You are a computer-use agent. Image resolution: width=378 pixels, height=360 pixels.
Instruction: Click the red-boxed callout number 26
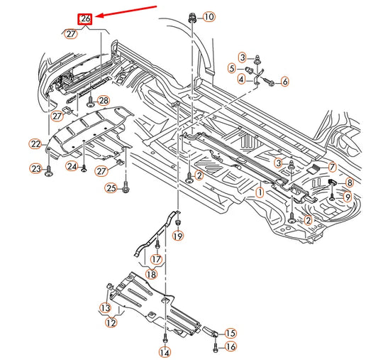[x=86, y=19]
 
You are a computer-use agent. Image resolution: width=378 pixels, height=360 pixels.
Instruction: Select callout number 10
[x=208, y=16]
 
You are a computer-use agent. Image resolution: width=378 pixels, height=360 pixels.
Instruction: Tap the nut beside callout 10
[x=191, y=17]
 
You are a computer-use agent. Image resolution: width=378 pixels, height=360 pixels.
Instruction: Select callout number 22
[x=35, y=144]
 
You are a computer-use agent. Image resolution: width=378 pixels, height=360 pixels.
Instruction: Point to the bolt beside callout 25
[x=126, y=189]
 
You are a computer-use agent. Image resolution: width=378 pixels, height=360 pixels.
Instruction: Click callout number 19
[x=177, y=235]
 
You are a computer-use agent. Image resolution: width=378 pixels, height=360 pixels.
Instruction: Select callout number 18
[x=151, y=274]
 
